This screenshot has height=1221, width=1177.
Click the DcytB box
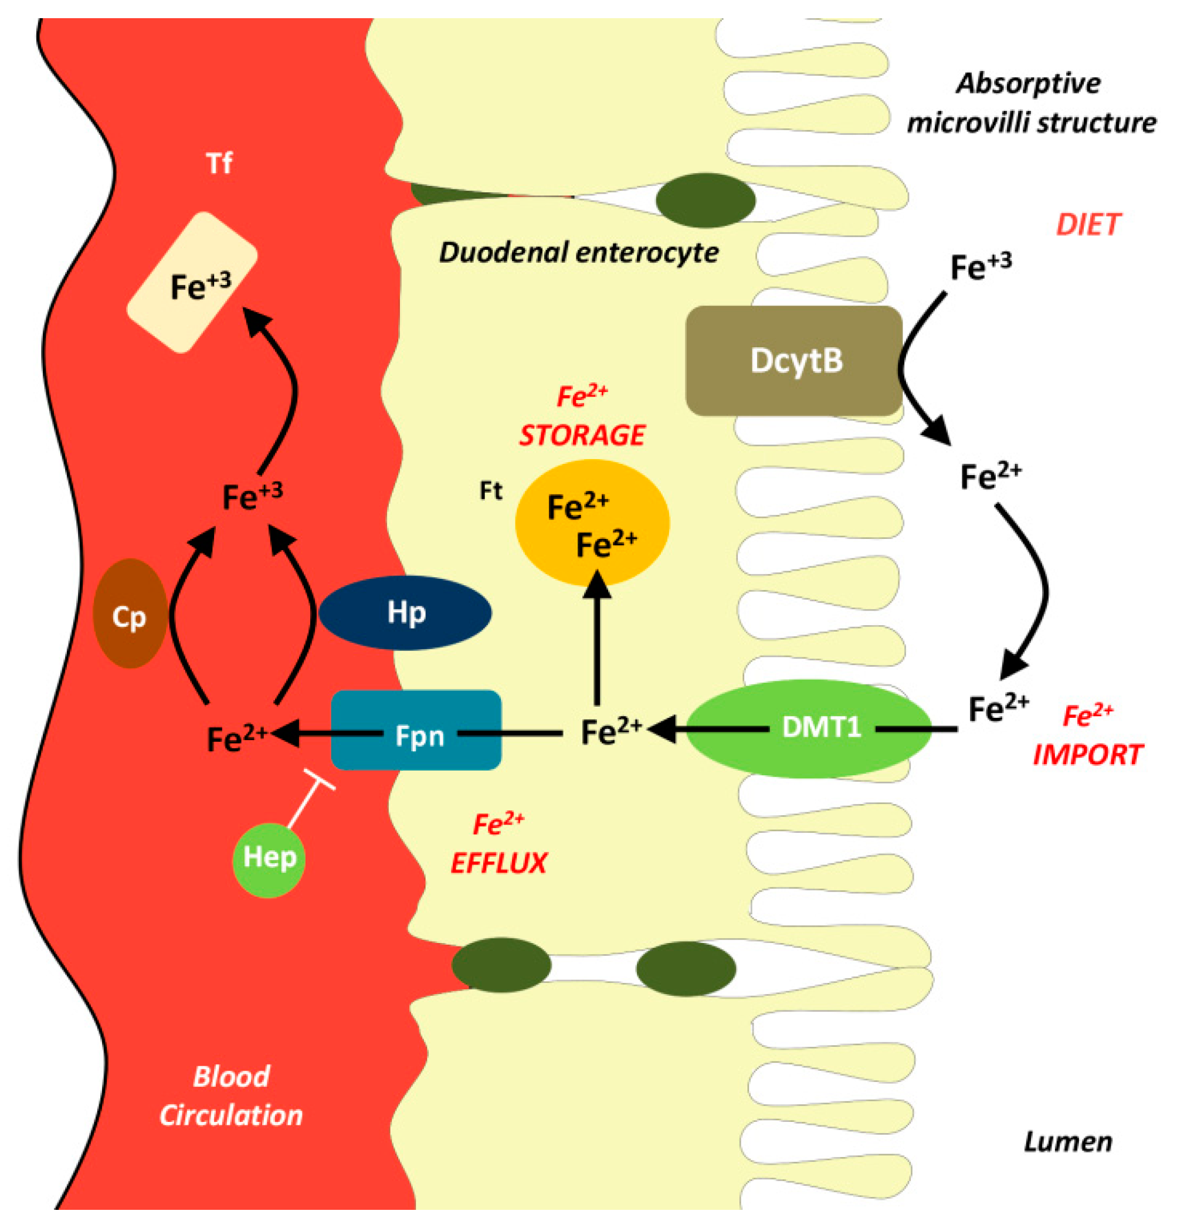click(793, 361)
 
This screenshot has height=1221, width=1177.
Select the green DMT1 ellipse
click(809, 728)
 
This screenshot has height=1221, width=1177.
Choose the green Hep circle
click(269, 859)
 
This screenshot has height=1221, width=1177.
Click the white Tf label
click(219, 164)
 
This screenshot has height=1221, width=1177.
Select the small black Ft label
click(490, 491)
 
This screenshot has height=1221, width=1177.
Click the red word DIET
click(1088, 225)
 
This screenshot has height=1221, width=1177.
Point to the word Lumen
click(1067, 1142)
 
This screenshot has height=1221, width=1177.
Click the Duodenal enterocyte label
click(578, 253)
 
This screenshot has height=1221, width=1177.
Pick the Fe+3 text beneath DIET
click(980, 266)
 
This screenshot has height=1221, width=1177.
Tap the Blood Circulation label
click(230, 1097)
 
